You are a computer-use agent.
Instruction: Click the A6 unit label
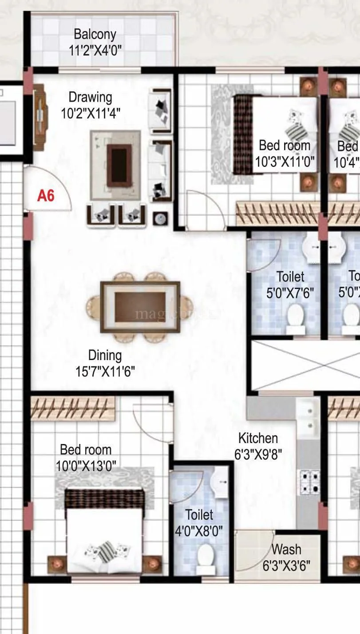[46, 195]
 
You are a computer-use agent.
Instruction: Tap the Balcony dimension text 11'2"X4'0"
[95, 49]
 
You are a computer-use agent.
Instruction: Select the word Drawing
[90, 97]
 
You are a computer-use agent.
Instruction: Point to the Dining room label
[105, 355]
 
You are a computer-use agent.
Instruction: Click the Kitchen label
[258, 438]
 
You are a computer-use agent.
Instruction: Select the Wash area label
[286, 549]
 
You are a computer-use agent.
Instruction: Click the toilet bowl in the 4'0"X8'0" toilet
[206, 555]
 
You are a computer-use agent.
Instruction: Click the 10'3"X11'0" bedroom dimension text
[285, 162]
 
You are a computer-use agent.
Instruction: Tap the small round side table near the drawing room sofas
[160, 218]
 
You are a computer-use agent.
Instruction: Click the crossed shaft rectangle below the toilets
[305, 365]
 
